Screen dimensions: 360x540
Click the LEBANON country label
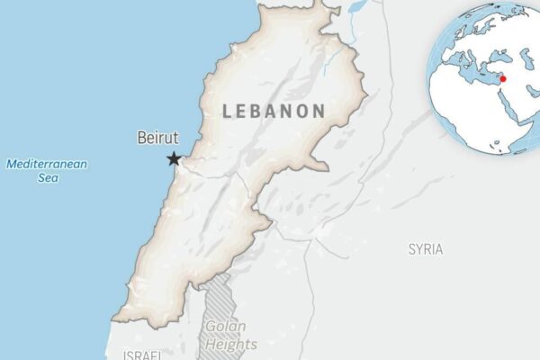[274, 112]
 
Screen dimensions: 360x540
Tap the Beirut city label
[157, 139]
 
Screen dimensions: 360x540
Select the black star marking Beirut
[174, 159]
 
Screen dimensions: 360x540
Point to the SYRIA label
[426, 248]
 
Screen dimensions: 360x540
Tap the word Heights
[230, 344]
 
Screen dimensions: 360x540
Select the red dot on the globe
[503, 78]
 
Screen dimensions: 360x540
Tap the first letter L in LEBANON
[227, 112]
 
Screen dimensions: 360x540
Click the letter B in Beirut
[142, 139]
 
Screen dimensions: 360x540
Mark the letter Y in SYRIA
[418, 248]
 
